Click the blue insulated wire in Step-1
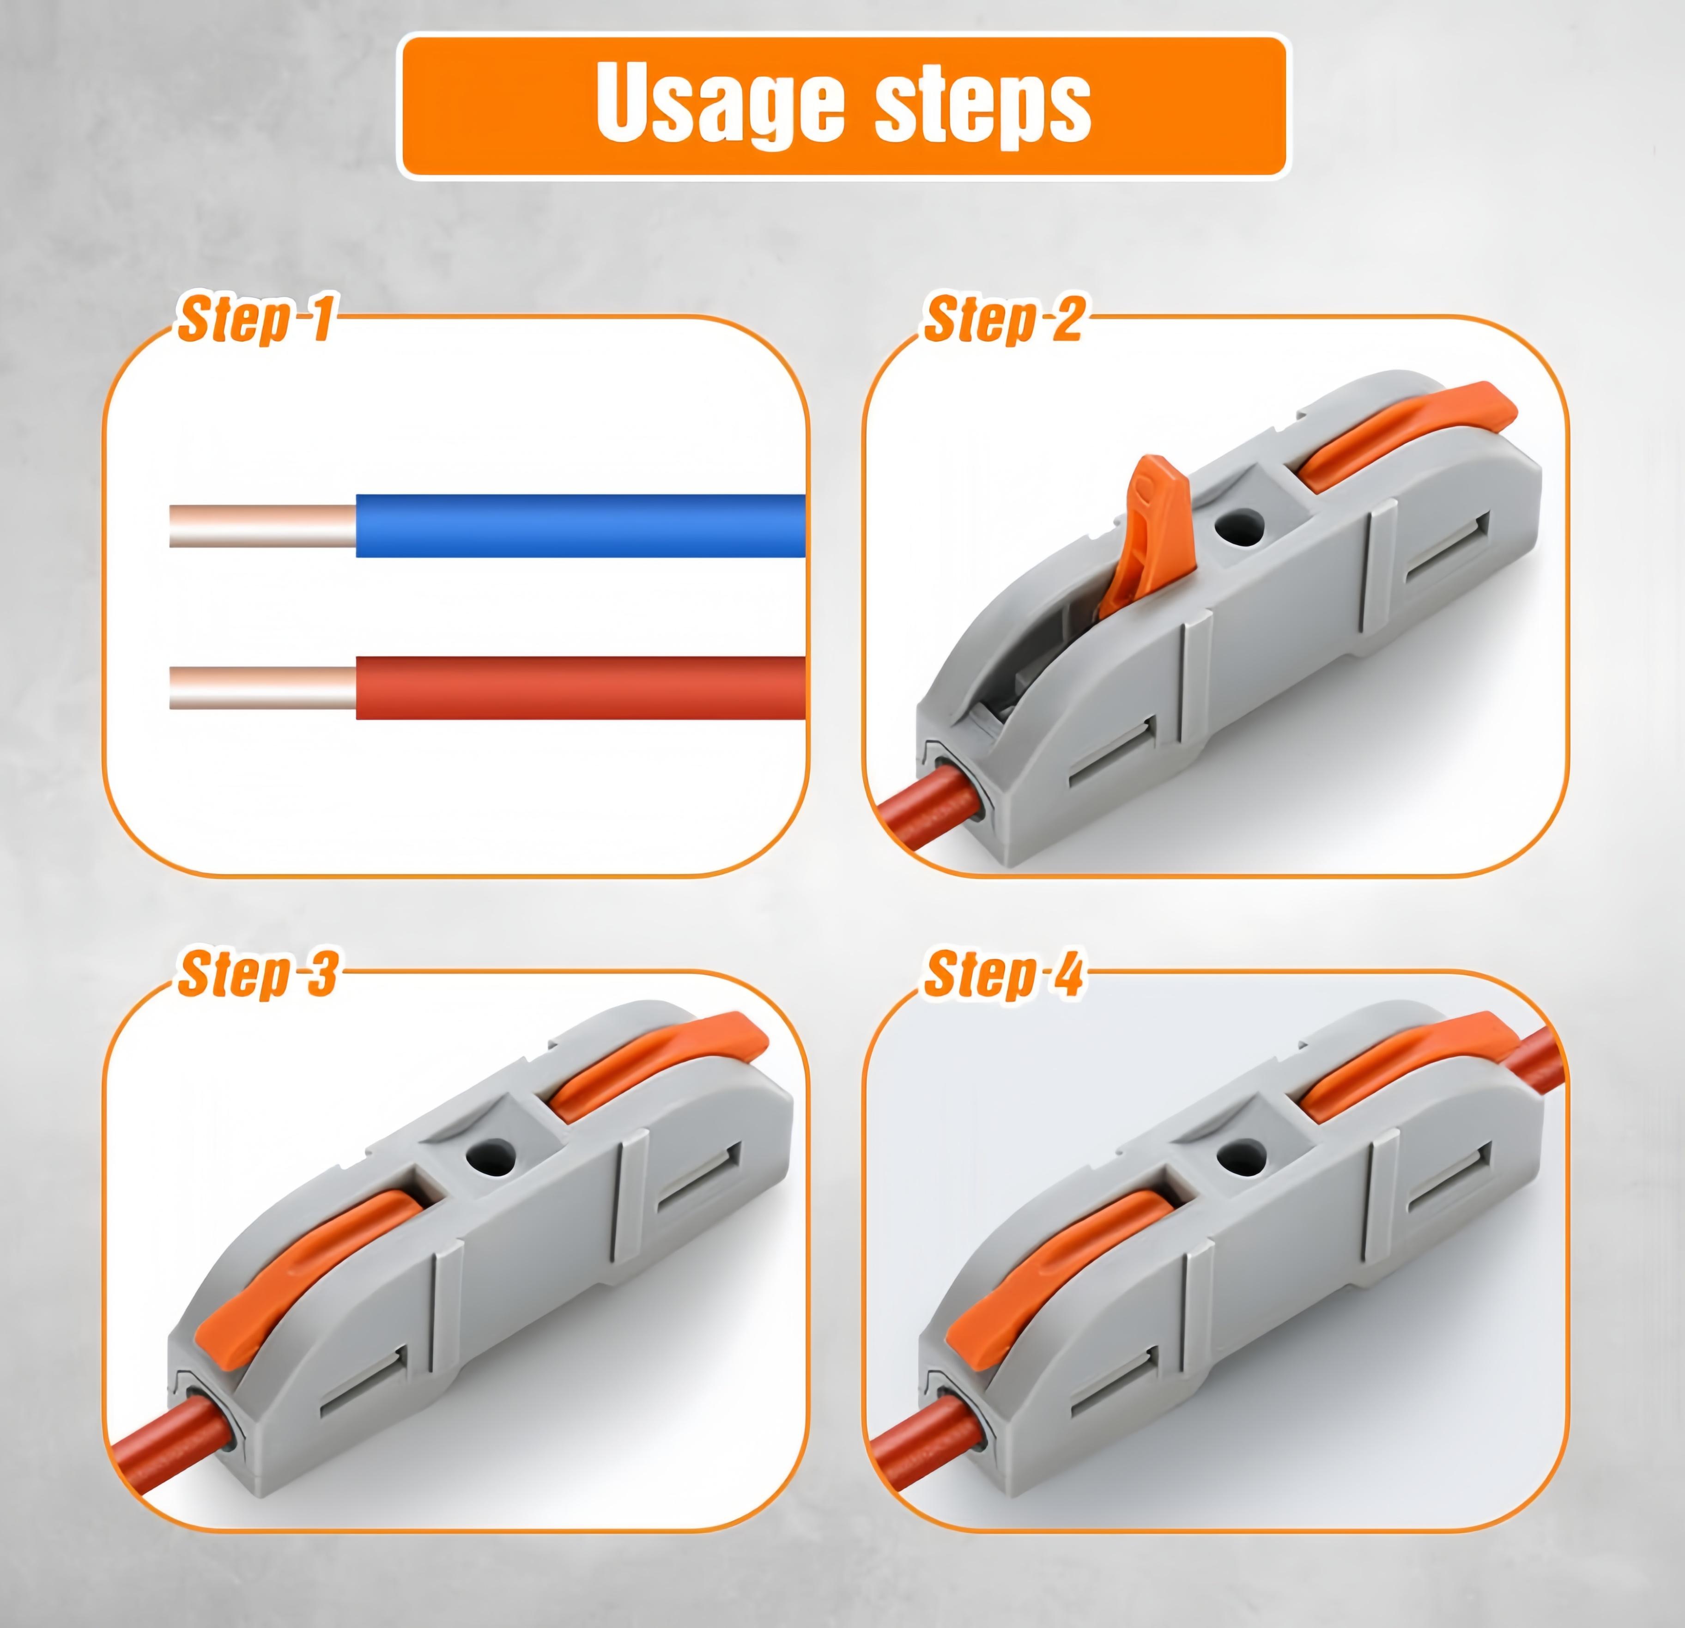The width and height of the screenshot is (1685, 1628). click(x=580, y=525)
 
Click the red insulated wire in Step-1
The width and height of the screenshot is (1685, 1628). click(x=580, y=688)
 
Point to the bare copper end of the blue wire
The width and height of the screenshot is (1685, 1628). click(x=262, y=525)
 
